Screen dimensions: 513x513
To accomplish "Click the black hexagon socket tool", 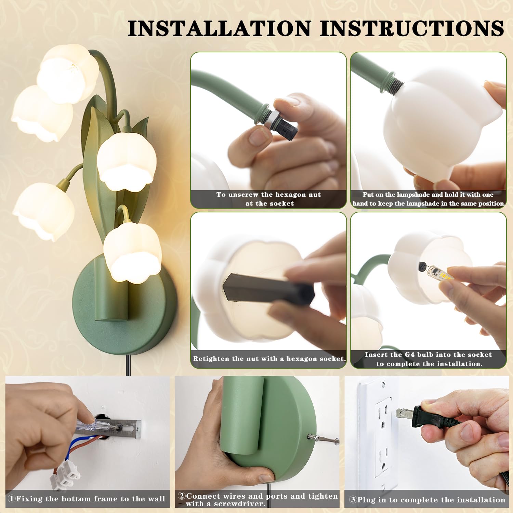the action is point(268,289).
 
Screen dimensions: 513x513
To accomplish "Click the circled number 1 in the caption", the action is point(12,499).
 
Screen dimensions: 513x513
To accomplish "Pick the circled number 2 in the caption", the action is point(182,496).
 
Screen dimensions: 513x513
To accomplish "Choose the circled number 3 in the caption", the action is point(353,500).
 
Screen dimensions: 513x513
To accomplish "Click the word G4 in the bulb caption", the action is point(410,355).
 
